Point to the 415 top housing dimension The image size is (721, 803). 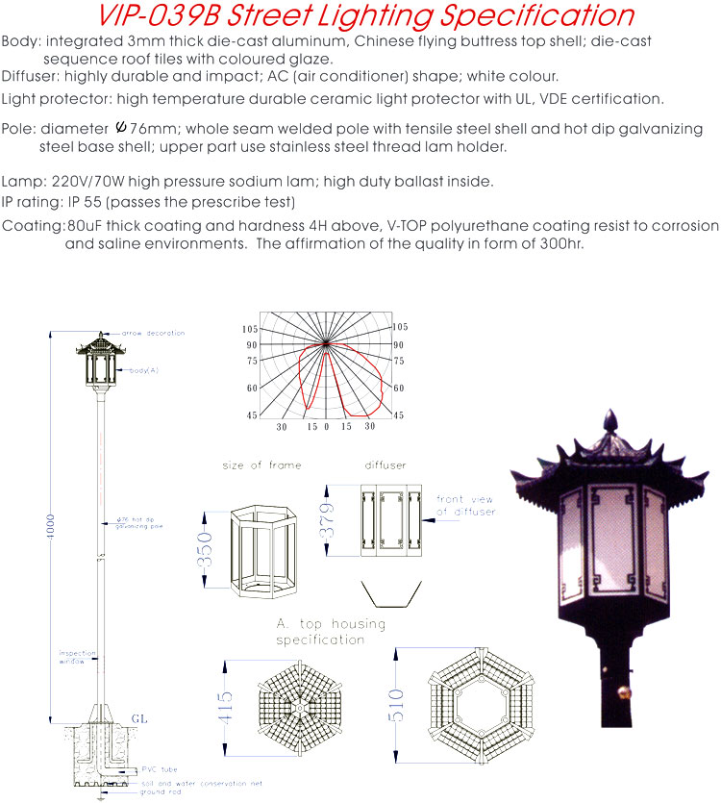(x=225, y=709)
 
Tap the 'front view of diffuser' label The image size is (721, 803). (x=466, y=506)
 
